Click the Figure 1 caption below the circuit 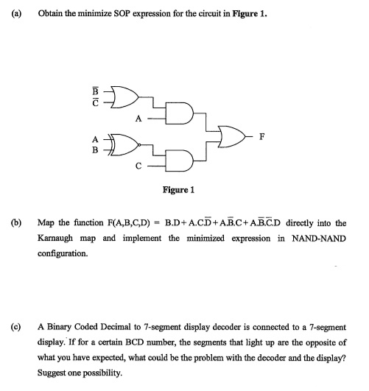click(178, 189)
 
